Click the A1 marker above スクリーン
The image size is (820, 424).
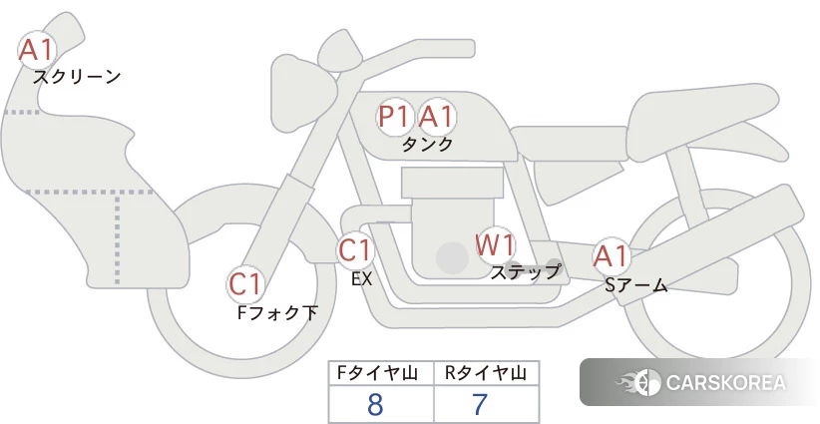[x=37, y=50]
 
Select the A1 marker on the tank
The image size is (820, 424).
[x=437, y=117]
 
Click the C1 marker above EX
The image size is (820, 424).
[x=355, y=249]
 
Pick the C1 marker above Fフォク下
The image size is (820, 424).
[x=245, y=285]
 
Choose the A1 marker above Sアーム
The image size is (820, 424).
[x=611, y=256]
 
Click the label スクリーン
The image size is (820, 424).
[x=77, y=77]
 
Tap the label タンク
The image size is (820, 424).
[x=427, y=145]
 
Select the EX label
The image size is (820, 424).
[x=362, y=279]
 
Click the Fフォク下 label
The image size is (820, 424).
[x=277, y=312]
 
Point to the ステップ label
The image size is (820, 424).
[x=525, y=271]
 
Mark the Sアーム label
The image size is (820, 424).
[x=636, y=285]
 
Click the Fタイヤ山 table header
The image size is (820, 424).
[x=377, y=373]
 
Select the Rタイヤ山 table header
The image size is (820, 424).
[x=486, y=373]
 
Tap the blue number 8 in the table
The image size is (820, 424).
[x=375, y=404]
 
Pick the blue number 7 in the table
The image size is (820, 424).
[x=480, y=404]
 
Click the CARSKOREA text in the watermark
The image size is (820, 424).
[x=726, y=383]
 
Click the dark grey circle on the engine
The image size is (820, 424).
[x=452, y=257]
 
